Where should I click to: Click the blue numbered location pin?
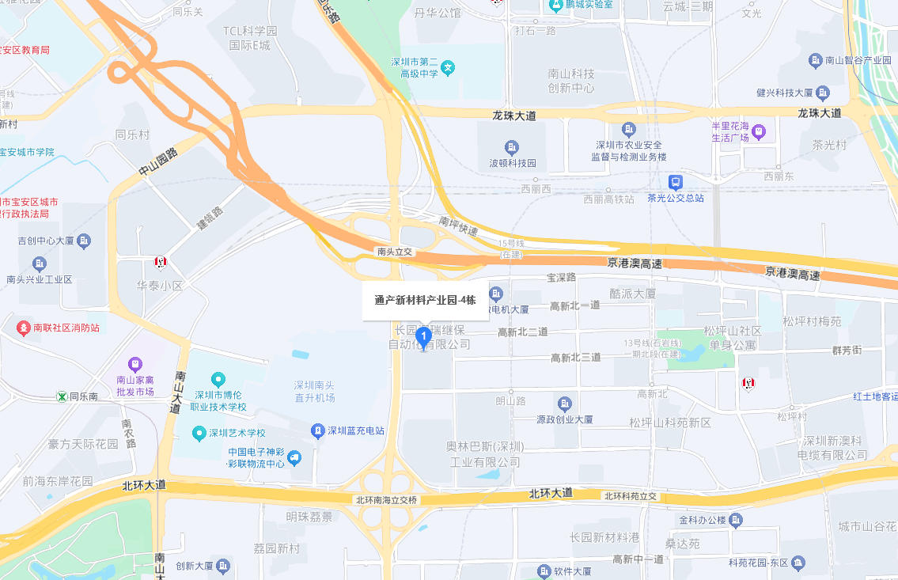pos(423,338)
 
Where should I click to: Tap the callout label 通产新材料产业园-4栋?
pos(425,301)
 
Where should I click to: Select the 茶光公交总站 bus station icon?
pos(675,181)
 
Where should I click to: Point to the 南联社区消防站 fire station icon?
pos(22,327)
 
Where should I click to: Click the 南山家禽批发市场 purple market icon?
pos(135,364)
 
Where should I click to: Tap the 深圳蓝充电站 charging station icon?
pos(317,430)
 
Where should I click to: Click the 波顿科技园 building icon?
pos(512,147)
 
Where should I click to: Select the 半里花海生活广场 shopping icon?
pos(758,131)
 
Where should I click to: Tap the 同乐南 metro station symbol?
pos(61,396)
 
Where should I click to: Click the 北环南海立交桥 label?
pos(386,500)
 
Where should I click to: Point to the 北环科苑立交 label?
pos(631,496)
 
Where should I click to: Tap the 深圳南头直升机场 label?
pos(314,391)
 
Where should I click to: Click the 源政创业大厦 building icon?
pos(564,404)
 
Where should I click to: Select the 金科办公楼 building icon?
pos(737,520)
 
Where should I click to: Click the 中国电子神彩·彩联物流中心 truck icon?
pos(294,457)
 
